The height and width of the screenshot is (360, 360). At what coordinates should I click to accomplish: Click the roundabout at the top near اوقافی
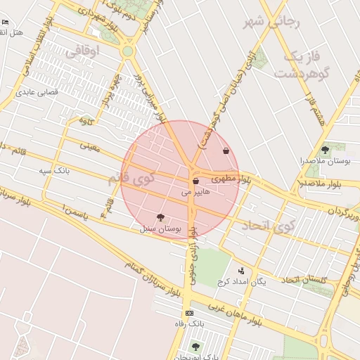point(127,51)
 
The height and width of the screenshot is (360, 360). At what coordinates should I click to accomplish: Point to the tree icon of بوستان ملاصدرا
point(325,150)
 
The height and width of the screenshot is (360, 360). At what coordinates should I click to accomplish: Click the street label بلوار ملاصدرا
point(322,184)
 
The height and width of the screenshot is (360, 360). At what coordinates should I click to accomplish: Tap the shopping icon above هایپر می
point(195,181)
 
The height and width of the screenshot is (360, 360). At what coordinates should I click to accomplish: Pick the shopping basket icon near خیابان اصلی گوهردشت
point(226,150)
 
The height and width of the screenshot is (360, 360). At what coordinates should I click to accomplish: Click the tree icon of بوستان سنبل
point(160,217)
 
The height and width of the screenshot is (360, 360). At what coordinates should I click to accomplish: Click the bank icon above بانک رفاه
point(189,313)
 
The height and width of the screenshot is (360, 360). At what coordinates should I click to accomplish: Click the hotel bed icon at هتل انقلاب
point(6,22)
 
